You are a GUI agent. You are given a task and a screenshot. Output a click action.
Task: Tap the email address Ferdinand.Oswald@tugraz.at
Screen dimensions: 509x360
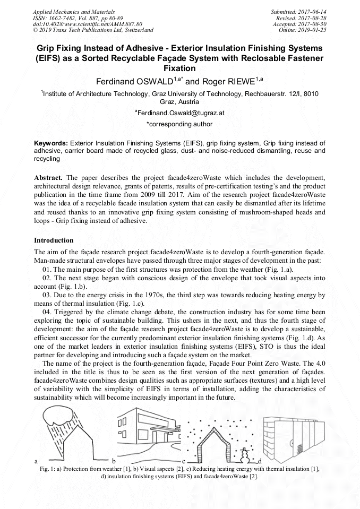[x=181, y=113]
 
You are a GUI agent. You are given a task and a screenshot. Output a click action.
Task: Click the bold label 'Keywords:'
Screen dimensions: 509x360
[x=51, y=143]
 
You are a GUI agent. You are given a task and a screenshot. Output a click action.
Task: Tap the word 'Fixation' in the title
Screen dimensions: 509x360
[x=179, y=68]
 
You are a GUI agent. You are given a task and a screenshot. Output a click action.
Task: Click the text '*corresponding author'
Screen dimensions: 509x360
[x=179, y=124]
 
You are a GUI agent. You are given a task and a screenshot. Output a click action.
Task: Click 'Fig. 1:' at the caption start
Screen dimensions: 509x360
[x=49, y=469]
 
